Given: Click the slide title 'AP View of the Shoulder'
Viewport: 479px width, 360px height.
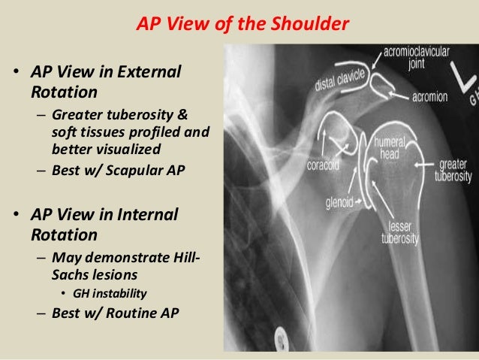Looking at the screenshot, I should [x=242, y=25].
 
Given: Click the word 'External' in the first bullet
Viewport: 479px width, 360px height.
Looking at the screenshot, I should [x=154, y=73].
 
